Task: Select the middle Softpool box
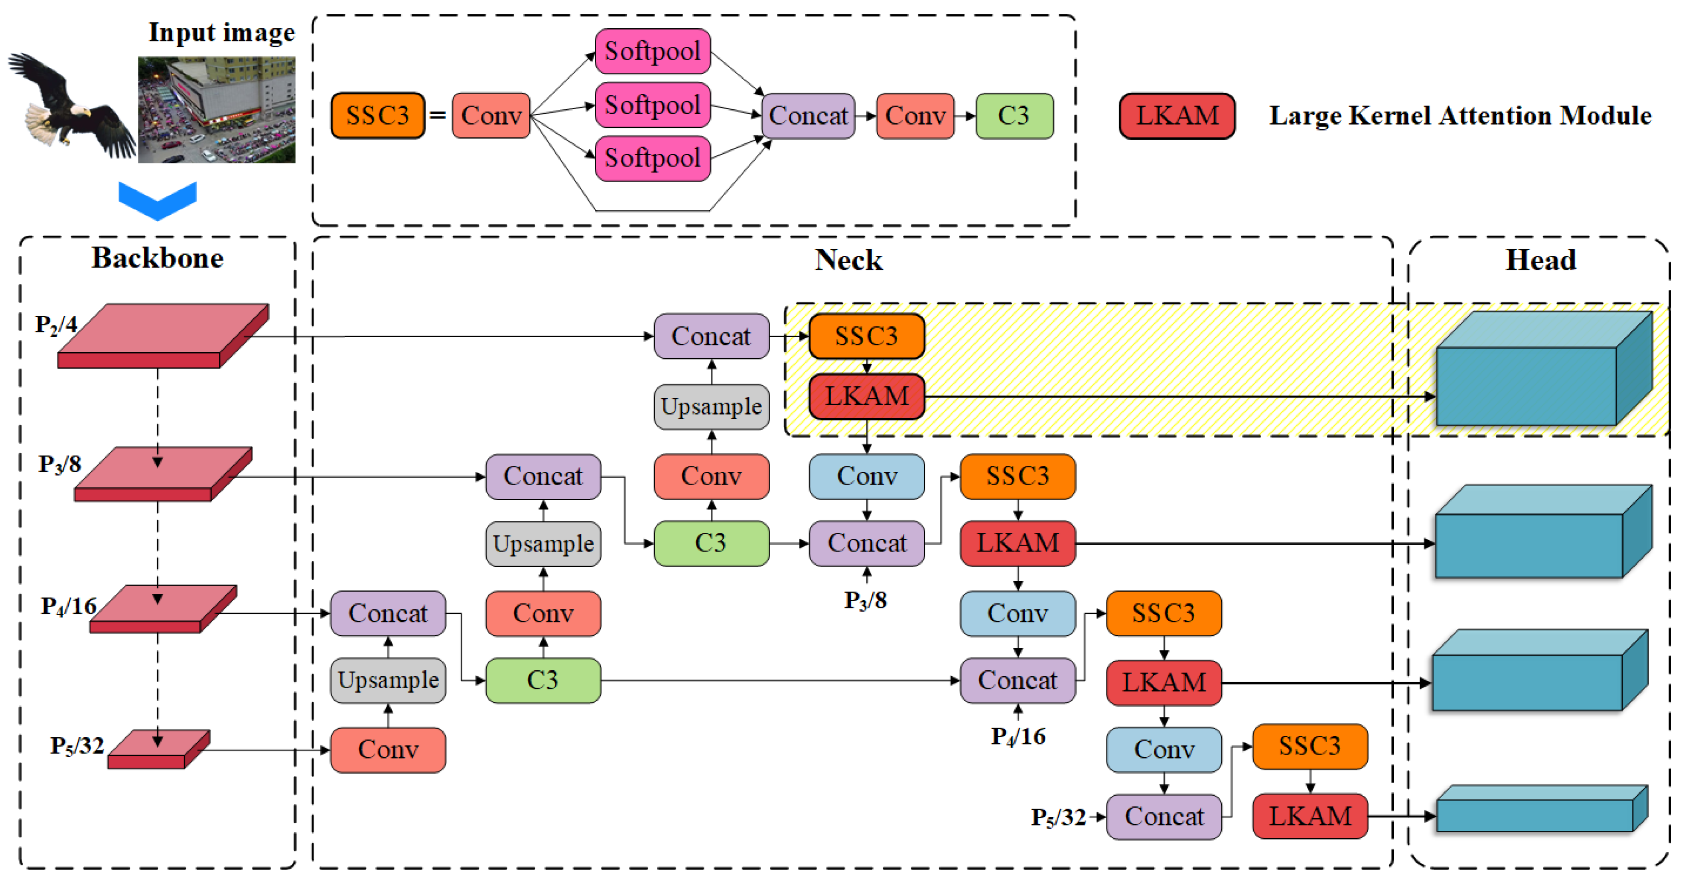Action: click(653, 105)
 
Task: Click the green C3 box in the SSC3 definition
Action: click(1014, 116)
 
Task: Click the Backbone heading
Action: click(158, 258)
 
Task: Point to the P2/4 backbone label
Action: click(56, 324)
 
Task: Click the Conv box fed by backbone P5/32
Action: click(388, 749)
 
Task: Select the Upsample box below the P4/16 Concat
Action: click(388, 680)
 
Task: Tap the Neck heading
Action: click(848, 260)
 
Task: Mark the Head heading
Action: click(1540, 260)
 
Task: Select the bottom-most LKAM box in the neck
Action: click(1310, 816)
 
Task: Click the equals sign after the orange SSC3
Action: click(438, 116)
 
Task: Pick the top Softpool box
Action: click(653, 51)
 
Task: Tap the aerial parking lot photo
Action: click(216, 110)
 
